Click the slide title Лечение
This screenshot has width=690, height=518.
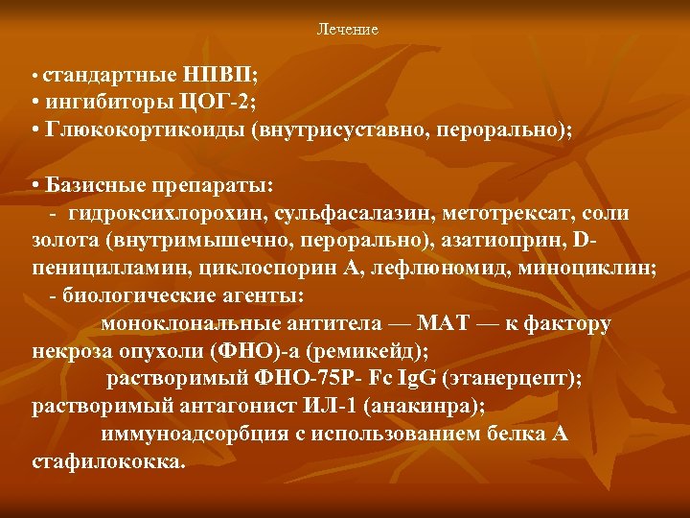pos(347,30)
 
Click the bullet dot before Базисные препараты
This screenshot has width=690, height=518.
pos(35,185)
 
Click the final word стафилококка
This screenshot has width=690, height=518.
pos(107,461)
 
